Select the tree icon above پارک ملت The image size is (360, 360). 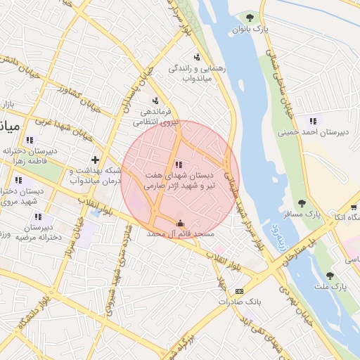click(x=330, y=275)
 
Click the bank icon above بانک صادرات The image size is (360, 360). click(x=239, y=291)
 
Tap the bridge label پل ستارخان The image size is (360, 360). click(x=299, y=252)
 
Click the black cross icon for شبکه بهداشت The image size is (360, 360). click(x=95, y=160)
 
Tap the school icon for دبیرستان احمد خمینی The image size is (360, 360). click(x=312, y=120)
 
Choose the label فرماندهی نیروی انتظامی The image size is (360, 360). click(x=150, y=116)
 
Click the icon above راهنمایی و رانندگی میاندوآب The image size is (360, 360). click(x=197, y=58)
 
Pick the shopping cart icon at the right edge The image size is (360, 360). click(x=353, y=208)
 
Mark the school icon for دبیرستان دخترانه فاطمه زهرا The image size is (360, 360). click(x=30, y=140)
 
